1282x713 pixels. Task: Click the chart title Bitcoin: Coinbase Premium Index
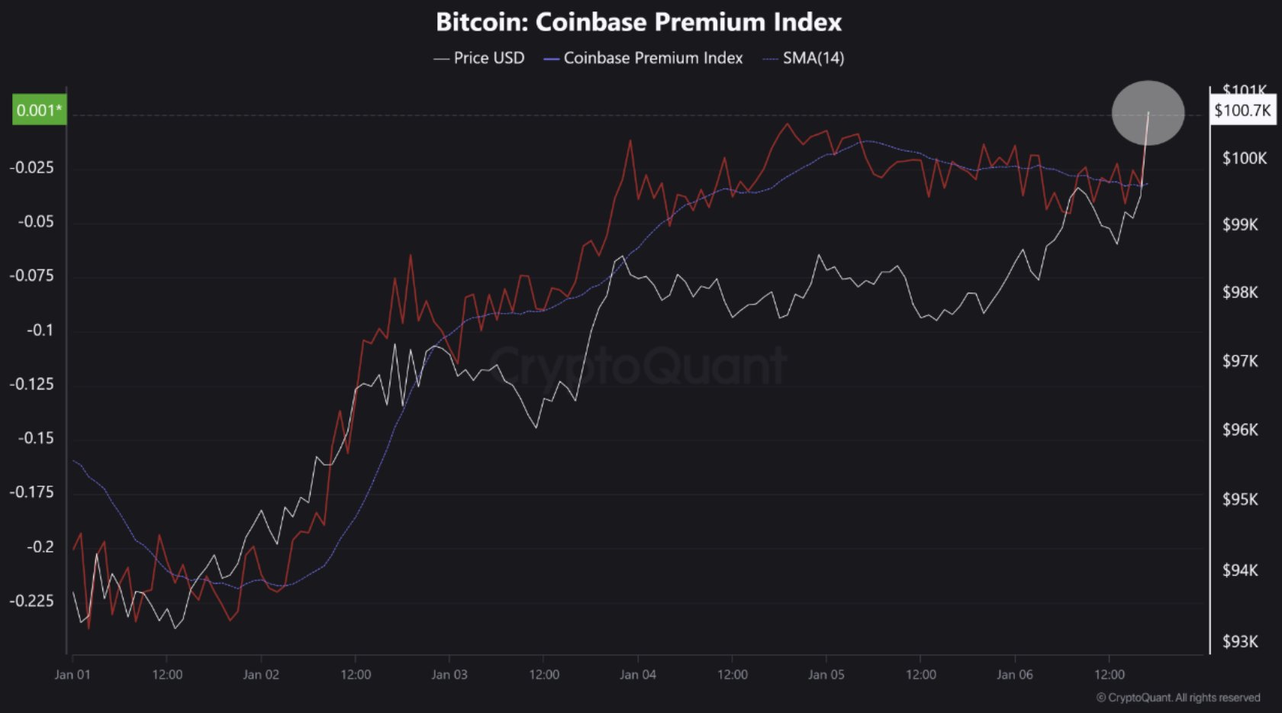pos(638,22)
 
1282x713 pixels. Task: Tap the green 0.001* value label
pos(39,110)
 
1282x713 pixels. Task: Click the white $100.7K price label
pos(1242,111)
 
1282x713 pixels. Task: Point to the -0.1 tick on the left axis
pos(40,330)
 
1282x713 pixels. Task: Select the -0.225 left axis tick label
pos(32,600)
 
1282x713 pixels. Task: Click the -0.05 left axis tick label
pos(36,221)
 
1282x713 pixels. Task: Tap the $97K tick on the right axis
pos(1240,360)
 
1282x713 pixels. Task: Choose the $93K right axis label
pos(1240,641)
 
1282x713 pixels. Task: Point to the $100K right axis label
pos(1244,158)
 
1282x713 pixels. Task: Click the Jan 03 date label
pos(449,674)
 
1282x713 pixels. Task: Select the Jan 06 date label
pos(1014,674)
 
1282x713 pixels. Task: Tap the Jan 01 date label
pos(72,674)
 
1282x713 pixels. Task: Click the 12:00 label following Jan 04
pos(732,674)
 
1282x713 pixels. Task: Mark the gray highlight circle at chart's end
pos(1148,113)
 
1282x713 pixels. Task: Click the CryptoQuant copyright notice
pos(1177,697)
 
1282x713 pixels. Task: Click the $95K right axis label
pos(1240,499)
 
